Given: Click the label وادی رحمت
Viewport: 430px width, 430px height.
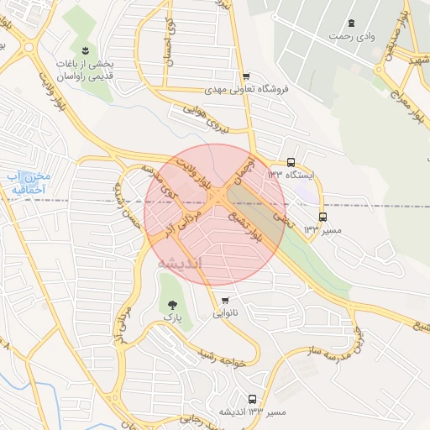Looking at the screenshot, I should point(350,36).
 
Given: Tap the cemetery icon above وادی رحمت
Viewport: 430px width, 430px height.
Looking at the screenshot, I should point(350,23).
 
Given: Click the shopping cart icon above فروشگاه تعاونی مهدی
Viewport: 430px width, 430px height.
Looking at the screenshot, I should point(245,76).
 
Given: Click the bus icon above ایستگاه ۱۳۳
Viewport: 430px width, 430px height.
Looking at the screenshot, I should point(291,162).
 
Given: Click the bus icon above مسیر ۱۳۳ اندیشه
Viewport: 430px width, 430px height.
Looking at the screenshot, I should point(252,399).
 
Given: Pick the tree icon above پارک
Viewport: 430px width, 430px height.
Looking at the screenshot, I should point(173,305).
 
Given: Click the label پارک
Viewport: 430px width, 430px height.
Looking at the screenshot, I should point(173,319).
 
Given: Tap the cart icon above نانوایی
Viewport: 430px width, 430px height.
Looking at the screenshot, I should point(224,300).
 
